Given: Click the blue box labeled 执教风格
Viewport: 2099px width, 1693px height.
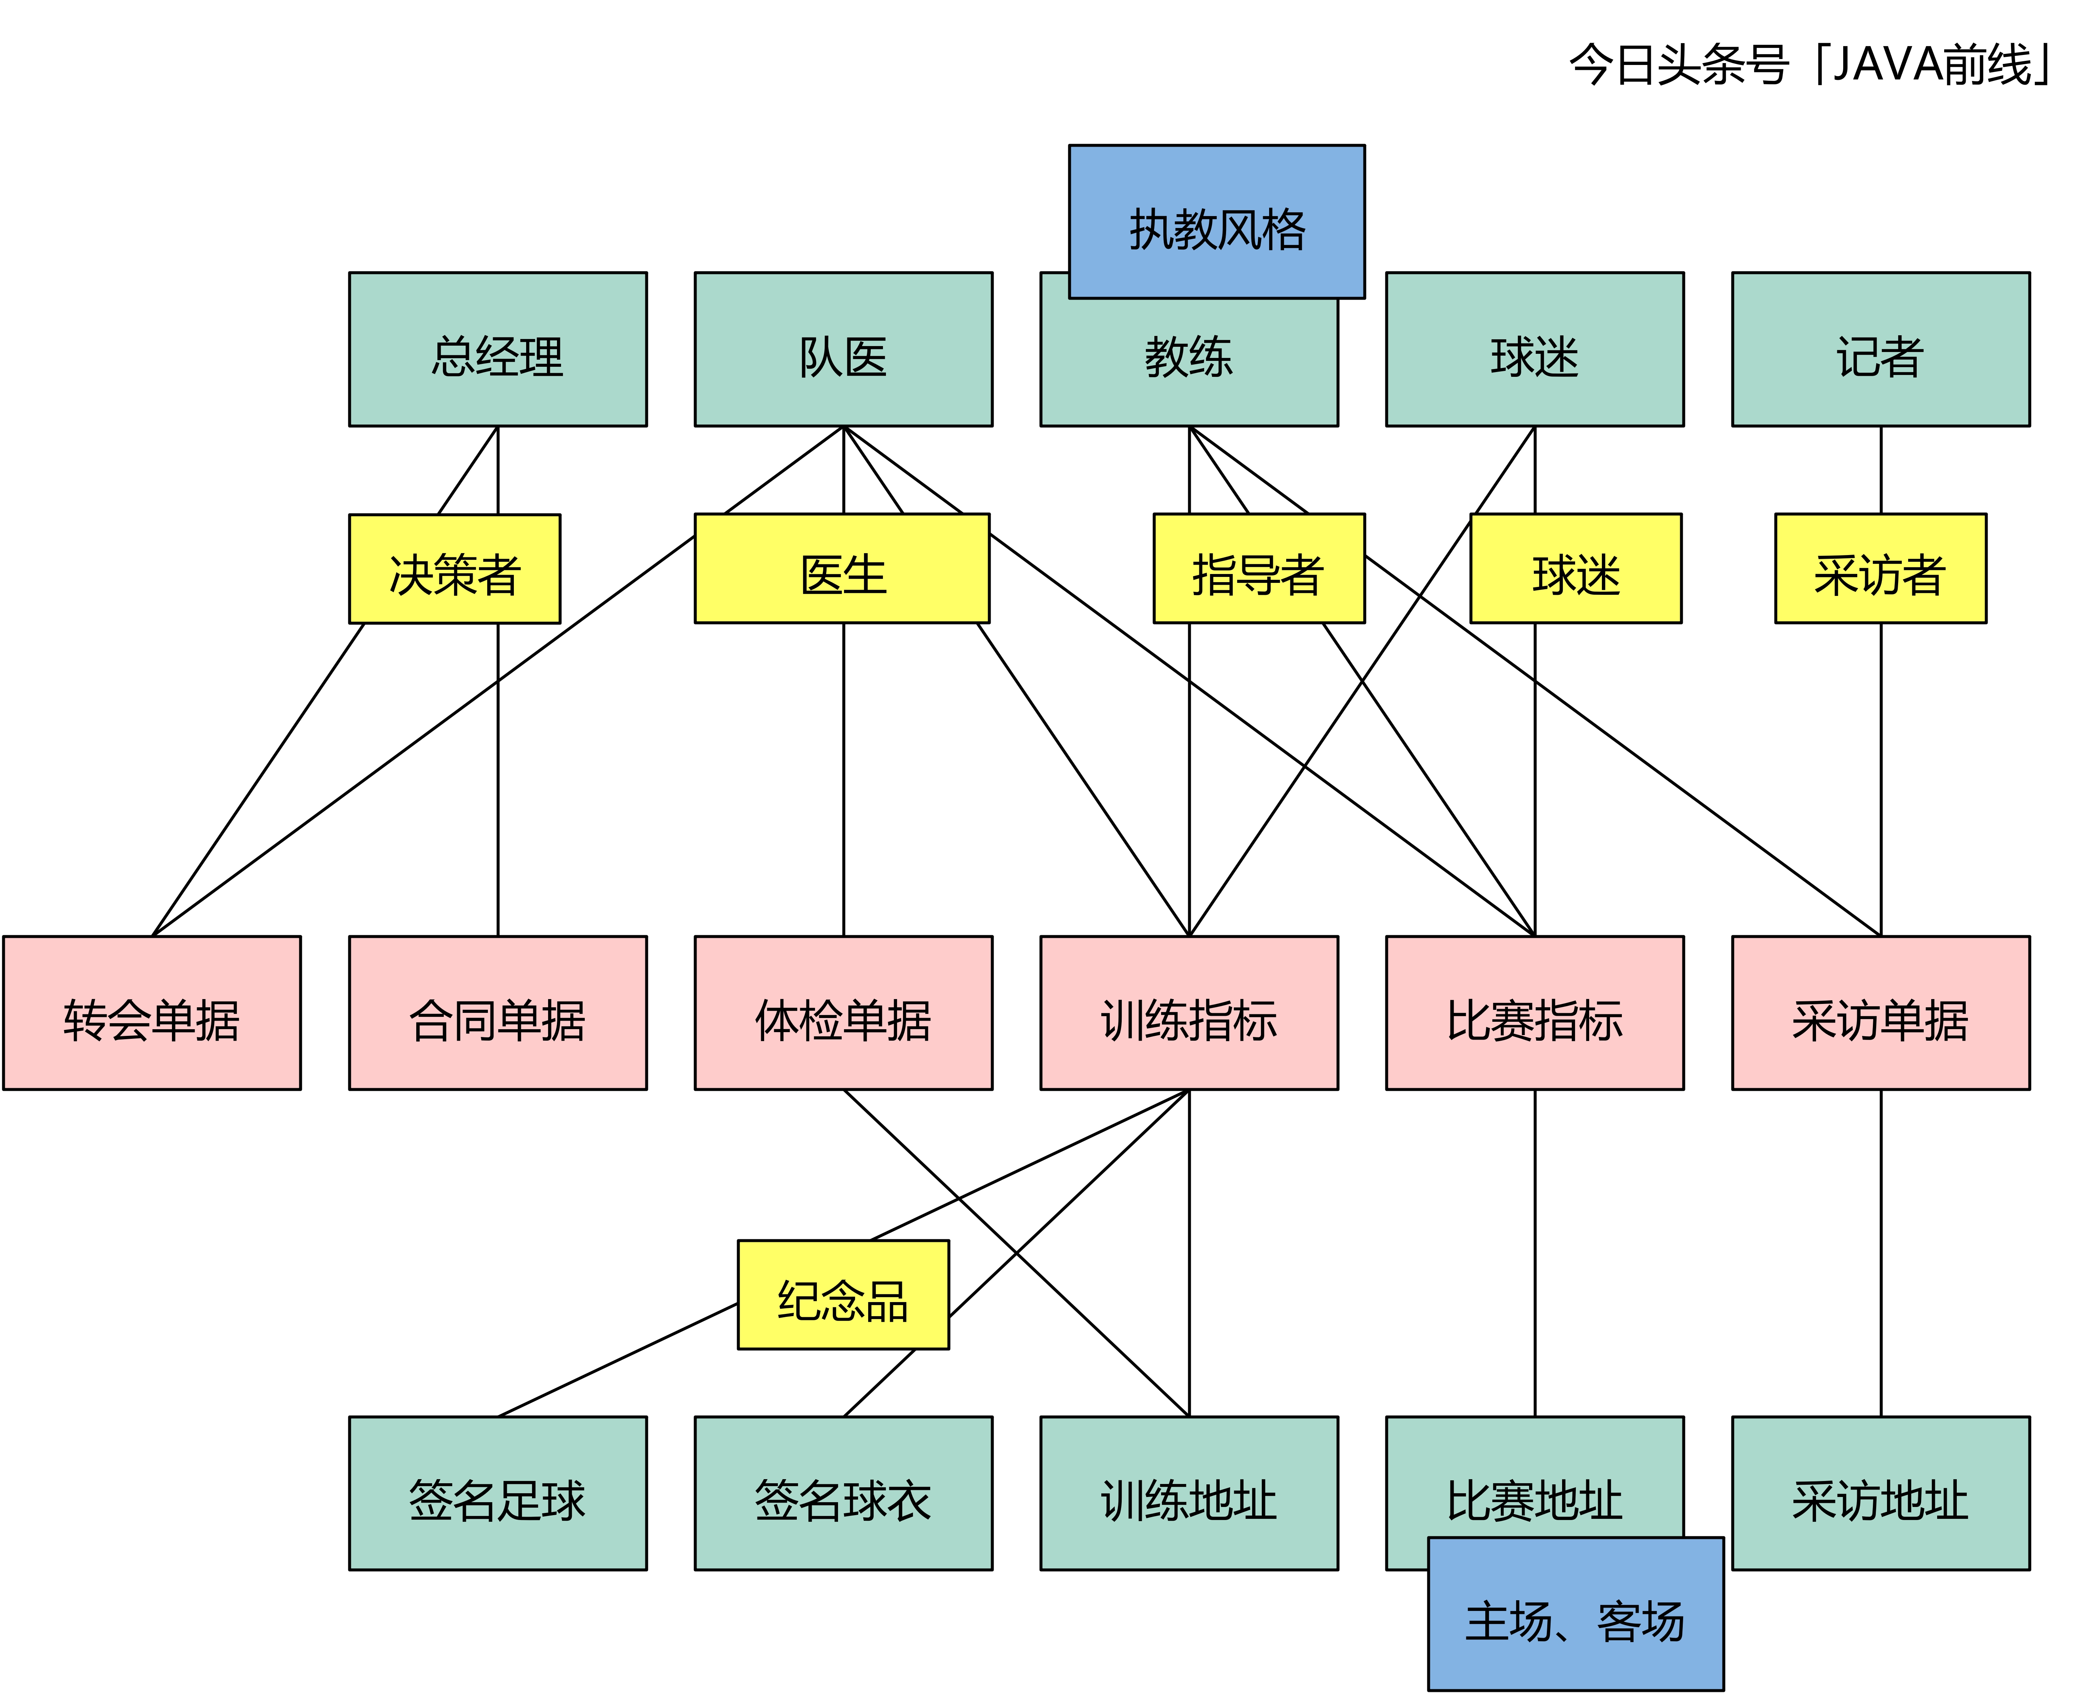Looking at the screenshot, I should point(1216,222).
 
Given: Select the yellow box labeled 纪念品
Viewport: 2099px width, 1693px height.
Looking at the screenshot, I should point(843,1295).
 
